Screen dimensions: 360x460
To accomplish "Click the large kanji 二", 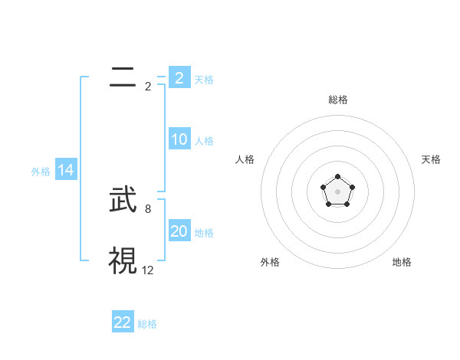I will [x=123, y=77].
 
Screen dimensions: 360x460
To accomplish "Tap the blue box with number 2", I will [x=179, y=77].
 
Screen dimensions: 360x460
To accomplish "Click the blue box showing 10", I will [x=179, y=139].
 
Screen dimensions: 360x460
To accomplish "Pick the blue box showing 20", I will [x=179, y=231].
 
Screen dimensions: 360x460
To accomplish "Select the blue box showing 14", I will [x=66, y=171].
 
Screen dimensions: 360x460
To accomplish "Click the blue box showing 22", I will [x=123, y=322].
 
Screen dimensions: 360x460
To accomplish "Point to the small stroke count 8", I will [x=147, y=208].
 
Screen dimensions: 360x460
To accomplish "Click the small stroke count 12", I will [x=148, y=270].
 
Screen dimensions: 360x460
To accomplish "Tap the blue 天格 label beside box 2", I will [x=204, y=79].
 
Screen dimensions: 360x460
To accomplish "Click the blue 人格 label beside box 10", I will [x=204, y=141].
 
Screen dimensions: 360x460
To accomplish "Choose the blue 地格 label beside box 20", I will [x=204, y=233].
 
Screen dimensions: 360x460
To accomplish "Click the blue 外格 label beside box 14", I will [x=41, y=172].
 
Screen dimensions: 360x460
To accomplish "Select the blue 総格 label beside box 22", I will [x=147, y=324].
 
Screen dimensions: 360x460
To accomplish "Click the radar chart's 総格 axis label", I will [x=337, y=100].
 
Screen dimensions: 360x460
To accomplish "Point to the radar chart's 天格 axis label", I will [x=431, y=159].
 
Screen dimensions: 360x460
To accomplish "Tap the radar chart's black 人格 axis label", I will [x=245, y=159].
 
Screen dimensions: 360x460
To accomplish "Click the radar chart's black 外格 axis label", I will [x=270, y=262].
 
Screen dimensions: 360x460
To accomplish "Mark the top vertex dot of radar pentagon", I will [x=337, y=177].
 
